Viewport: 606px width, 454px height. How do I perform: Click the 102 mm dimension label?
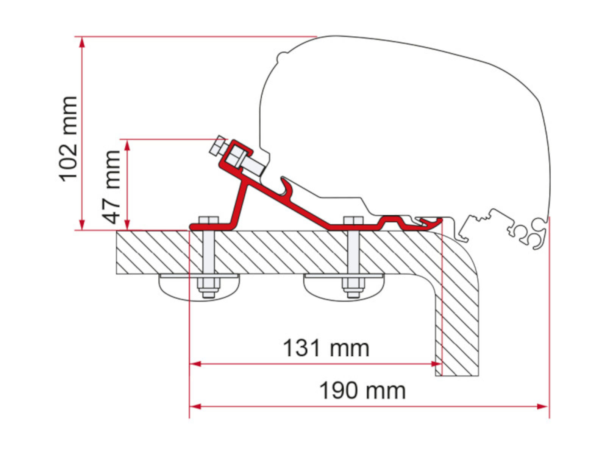click(69, 139)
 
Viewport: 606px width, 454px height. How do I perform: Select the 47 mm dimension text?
click(111, 187)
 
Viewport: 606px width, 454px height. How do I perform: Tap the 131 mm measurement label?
click(326, 348)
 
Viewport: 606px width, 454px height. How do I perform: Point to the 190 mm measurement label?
click(362, 390)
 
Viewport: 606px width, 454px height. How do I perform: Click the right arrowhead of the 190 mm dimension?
click(542, 407)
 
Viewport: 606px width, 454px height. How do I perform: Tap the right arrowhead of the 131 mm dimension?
click(436, 364)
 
